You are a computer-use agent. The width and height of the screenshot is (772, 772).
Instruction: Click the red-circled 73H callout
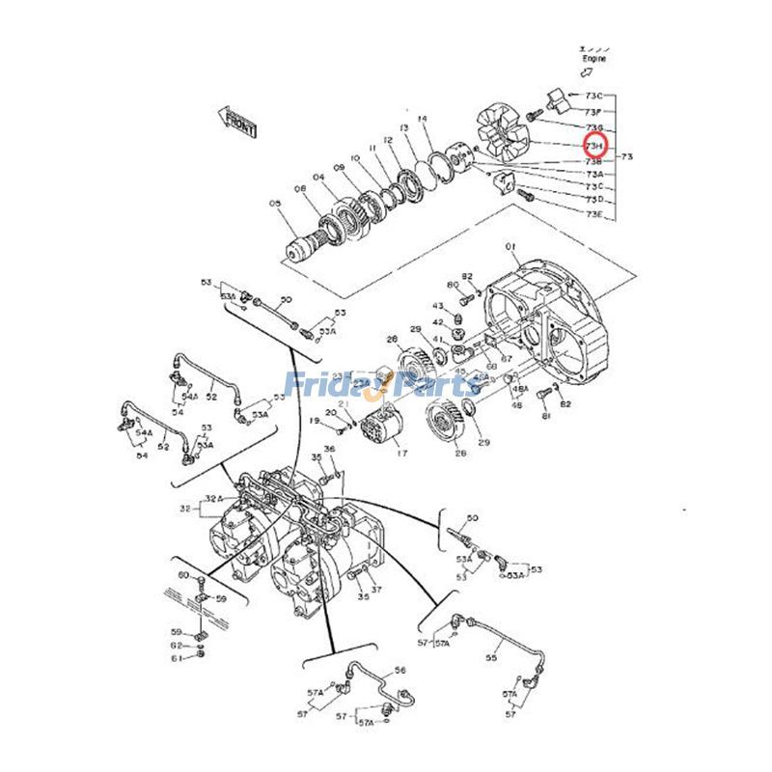(x=594, y=146)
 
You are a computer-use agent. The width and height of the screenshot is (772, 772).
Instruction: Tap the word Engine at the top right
(x=593, y=59)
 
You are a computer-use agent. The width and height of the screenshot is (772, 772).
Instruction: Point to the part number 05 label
(x=275, y=204)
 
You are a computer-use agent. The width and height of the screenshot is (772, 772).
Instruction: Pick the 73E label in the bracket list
(x=594, y=213)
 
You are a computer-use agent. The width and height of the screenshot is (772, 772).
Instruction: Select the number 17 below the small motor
(x=400, y=452)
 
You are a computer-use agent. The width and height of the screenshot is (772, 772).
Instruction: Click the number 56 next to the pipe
(x=400, y=669)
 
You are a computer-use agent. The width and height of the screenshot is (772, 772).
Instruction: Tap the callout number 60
(x=183, y=575)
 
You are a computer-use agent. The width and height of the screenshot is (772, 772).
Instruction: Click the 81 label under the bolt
(x=545, y=416)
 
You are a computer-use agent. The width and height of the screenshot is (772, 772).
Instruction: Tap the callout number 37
(x=377, y=590)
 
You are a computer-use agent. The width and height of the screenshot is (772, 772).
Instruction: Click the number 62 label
(x=177, y=645)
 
